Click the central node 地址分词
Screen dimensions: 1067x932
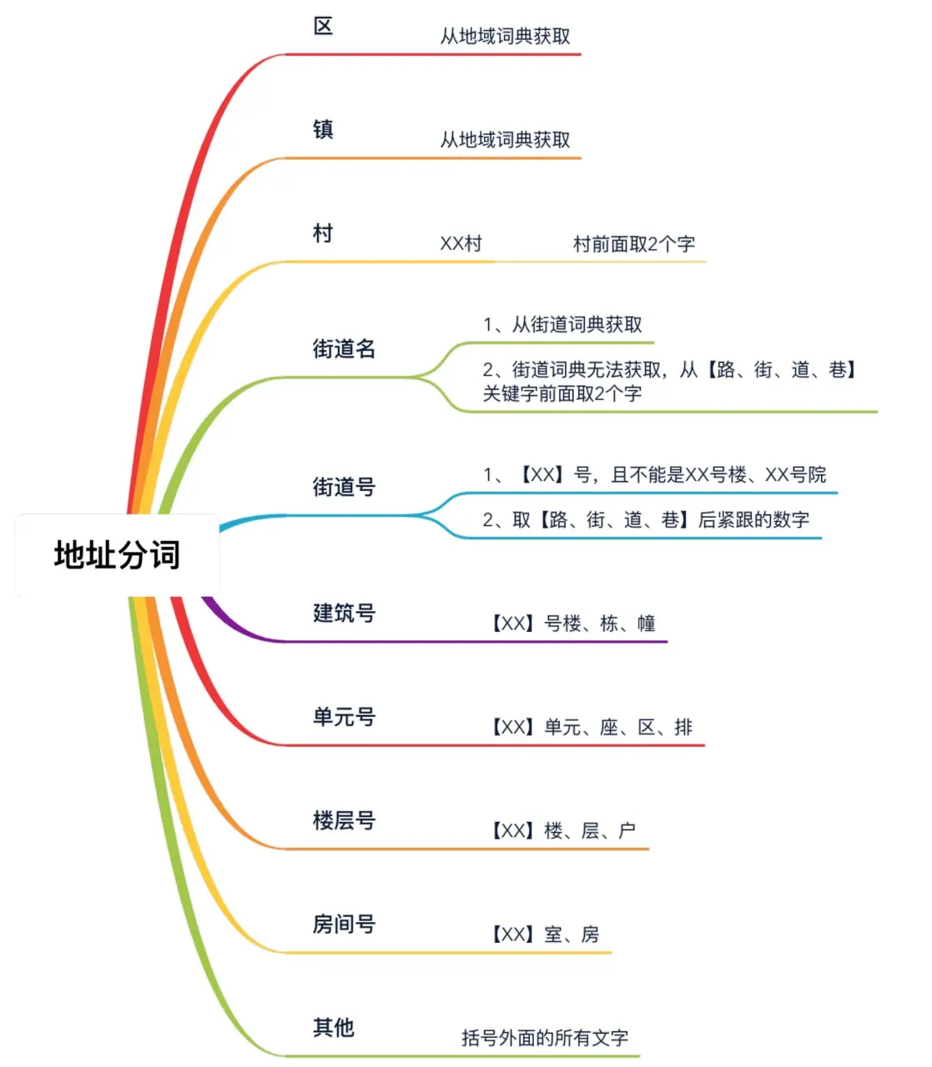[x=117, y=555]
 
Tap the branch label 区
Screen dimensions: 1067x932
[x=323, y=27]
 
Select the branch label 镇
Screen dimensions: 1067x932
[x=323, y=130]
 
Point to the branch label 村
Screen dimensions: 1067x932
[x=323, y=233]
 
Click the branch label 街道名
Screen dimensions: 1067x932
[x=344, y=348]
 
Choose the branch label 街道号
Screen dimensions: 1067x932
[x=344, y=487]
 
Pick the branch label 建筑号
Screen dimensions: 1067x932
[x=344, y=614]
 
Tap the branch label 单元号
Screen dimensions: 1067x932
[x=344, y=717]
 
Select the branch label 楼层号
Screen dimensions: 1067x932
[x=344, y=821]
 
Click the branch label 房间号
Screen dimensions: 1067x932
[x=344, y=924]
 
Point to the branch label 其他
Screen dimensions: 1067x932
[x=334, y=1028]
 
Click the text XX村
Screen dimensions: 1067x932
[x=461, y=244]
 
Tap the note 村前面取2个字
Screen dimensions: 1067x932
[x=633, y=244]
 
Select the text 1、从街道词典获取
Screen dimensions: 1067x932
[x=562, y=325]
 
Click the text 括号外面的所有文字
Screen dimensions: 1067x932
[x=544, y=1038]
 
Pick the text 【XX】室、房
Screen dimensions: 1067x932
[x=544, y=934]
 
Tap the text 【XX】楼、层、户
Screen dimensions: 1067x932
[x=562, y=831]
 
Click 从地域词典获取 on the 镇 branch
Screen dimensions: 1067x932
[x=505, y=140]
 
